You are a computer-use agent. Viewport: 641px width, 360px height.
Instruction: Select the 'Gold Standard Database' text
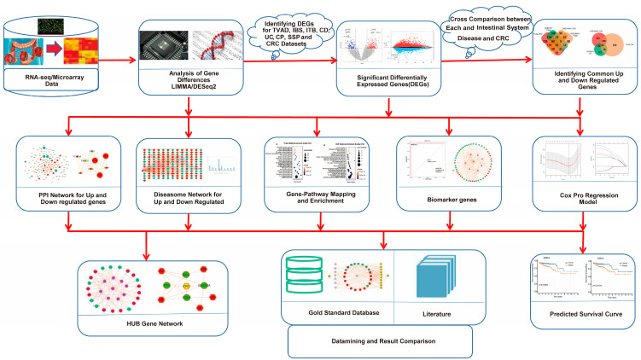337,312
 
